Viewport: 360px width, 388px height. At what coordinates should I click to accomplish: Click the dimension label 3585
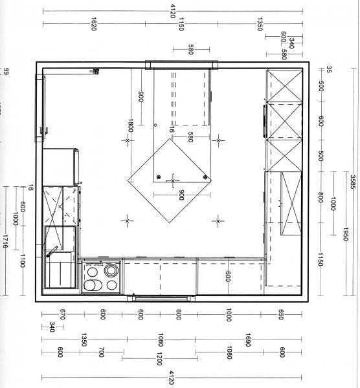tap(353, 182)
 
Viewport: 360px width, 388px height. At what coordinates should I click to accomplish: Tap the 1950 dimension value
tap(346, 234)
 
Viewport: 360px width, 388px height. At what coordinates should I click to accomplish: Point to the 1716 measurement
tap(5, 241)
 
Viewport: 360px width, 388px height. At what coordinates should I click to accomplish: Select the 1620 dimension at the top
tap(94, 24)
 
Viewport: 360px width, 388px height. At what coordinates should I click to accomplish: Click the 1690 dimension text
tap(248, 339)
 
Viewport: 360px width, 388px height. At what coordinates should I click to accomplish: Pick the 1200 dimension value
tap(159, 359)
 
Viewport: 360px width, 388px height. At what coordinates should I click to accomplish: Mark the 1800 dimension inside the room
tap(131, 125)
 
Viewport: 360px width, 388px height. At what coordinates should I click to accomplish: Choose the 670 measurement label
tap(62, 314)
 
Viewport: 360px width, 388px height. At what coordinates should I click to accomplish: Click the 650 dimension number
tap(280, 314)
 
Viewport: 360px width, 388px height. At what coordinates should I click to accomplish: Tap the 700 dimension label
tap(101, 352)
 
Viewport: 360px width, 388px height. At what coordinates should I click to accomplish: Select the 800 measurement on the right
tap(321, 197)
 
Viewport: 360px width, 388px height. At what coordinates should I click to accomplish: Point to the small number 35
tap(329, 69)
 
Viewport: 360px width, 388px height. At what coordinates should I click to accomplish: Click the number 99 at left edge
tap(6, 72)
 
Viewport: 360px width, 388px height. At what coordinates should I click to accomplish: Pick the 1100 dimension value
tap(22, 261)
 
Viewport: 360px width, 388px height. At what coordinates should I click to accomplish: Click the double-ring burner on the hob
tap(111, 270)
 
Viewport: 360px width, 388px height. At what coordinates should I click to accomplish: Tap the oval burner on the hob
tap(93, 285)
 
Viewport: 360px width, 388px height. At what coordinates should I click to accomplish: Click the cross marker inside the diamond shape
tap(173, 181)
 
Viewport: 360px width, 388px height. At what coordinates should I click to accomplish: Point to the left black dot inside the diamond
tap(159, 177)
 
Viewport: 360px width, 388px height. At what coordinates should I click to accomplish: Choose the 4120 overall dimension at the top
tap(173, 11)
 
